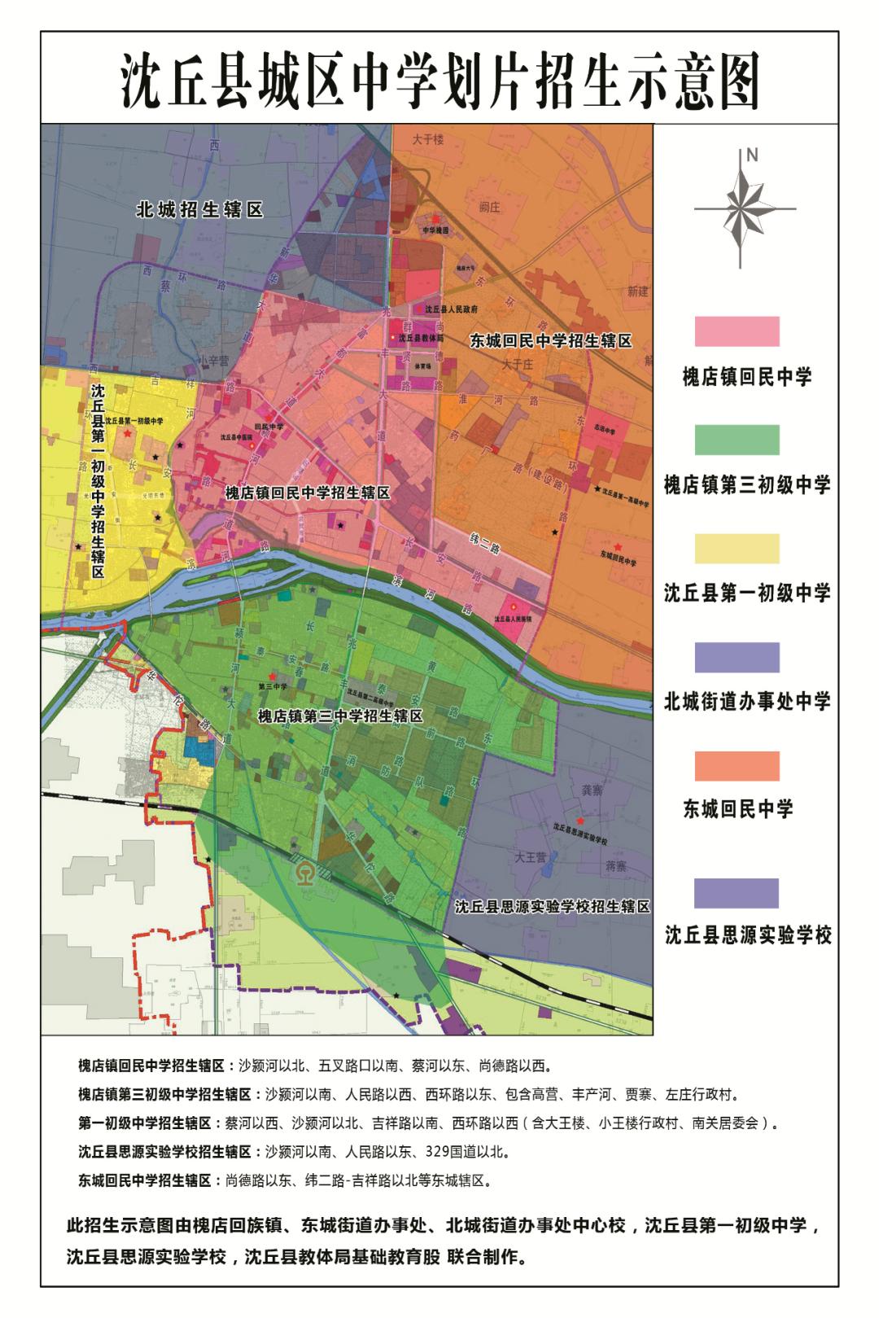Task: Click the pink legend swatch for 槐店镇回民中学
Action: tap(737, 331)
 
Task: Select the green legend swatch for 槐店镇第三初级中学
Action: tap(737, 440)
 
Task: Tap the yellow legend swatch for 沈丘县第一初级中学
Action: tap(737, 549)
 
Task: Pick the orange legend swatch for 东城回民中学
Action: tap(737, 766)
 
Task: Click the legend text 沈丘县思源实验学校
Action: tap(748, 935)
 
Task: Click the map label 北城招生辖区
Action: tap(199, 210)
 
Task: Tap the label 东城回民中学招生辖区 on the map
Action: tap(550, 341)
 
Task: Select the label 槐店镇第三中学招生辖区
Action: tap(340, 716)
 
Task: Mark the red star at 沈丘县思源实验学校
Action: tap(579, 821)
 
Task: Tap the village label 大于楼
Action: tap(427, 139)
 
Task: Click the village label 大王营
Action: tap(531, 857)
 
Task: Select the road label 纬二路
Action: tap(485, 546)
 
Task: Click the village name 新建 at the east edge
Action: tap(637, 291)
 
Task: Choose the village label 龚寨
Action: tap(615, 790)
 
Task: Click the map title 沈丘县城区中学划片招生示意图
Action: tap(439, 81)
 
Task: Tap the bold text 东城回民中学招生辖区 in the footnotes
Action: tap(145, 1180)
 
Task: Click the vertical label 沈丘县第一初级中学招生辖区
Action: tap(98, 480)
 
